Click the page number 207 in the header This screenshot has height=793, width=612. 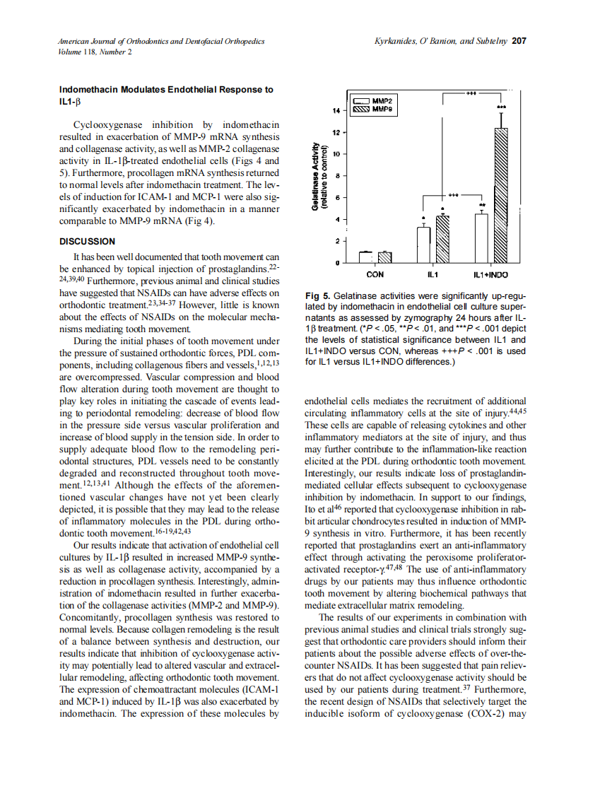click(519, 42)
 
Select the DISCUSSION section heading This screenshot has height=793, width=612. click(87, 242)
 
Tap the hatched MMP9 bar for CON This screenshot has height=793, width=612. click(384, 257)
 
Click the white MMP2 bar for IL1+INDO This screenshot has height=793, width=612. click(481, 238)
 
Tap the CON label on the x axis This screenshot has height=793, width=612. click(375, 274)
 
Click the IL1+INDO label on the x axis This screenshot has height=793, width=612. click(490, 274)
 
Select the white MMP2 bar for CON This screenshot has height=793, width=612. click(365, 257)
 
